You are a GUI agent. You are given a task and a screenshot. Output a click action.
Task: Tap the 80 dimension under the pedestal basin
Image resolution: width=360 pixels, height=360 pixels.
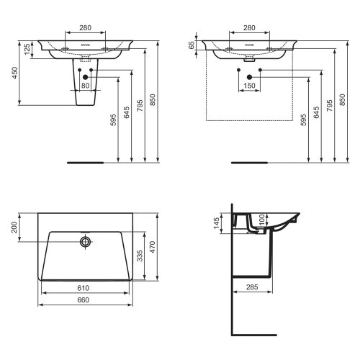[86, 86]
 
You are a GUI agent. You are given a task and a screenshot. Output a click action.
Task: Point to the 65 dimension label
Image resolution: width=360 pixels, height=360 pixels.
[192, 45]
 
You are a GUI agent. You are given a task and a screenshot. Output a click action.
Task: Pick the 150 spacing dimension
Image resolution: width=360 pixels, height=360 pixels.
[249, 86]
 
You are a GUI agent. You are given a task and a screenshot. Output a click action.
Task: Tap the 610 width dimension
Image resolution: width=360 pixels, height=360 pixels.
[84, 289]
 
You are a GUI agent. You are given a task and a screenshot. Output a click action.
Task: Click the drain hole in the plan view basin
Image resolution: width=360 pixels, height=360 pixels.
[85, 242]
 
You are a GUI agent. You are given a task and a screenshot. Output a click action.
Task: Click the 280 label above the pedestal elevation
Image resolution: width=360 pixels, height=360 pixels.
[85, 28]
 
